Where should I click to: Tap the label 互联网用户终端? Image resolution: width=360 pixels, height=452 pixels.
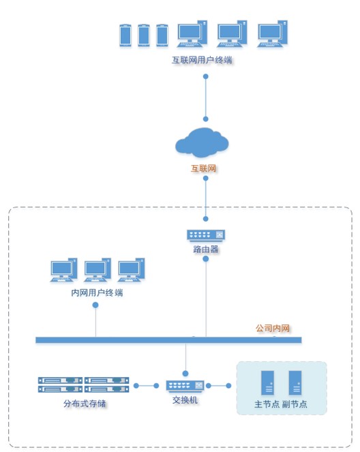[x=202, y=60]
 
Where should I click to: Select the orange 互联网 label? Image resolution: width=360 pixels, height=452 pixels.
[x=203, y=168]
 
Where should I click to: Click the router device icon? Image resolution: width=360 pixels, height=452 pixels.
[x=206, y=235]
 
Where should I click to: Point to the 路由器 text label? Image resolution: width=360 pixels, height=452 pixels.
[x=206, y=249]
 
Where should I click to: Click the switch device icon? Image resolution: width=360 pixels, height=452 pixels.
[x=185, y=385]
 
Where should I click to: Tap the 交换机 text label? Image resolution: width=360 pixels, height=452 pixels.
[x=185, y=400]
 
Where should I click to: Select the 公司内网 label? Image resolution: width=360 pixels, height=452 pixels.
[x=273, y=329]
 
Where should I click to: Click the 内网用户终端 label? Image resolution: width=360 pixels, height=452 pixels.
[x=97, y=292]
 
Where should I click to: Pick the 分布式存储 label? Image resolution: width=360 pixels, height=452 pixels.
[x=85, y=404]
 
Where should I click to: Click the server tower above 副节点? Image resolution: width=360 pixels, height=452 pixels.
[x=295, y=383]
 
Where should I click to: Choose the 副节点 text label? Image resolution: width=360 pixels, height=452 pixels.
[x=295, y=404]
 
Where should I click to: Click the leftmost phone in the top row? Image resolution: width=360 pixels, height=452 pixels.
[x=125, y=35]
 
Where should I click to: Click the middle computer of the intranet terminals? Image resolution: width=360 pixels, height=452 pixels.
[x=97, y=270]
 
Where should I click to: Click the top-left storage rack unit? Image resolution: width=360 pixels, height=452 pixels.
[x=60, y=380]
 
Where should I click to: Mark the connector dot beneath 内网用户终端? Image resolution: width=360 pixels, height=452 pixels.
[x=96, y=305]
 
